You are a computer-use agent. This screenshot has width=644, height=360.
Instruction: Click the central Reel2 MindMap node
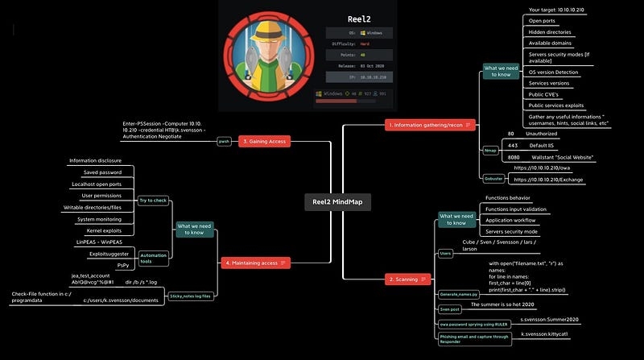point(337,202)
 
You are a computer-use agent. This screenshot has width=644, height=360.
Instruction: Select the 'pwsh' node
point(225,141)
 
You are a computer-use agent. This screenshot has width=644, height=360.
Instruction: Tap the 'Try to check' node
point(152,199)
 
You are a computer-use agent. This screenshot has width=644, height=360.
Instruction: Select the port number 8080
point(513,157)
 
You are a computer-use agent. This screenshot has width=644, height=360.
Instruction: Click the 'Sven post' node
point(451,308)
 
